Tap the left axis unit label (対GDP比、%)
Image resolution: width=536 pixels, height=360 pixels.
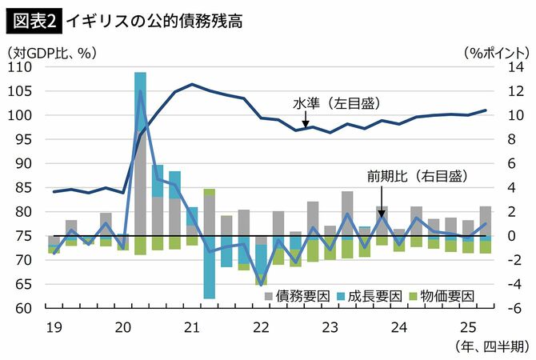(x=50, y=53)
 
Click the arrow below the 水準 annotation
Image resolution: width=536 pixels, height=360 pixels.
(x=305, y=121)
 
